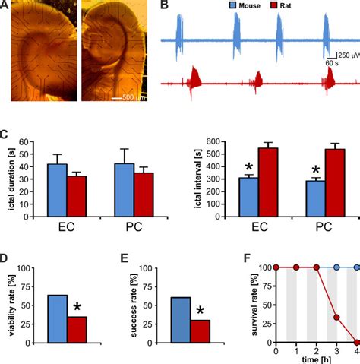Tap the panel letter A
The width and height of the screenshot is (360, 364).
[7, 8]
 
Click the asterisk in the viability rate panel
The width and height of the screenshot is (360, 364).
[77, 308]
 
